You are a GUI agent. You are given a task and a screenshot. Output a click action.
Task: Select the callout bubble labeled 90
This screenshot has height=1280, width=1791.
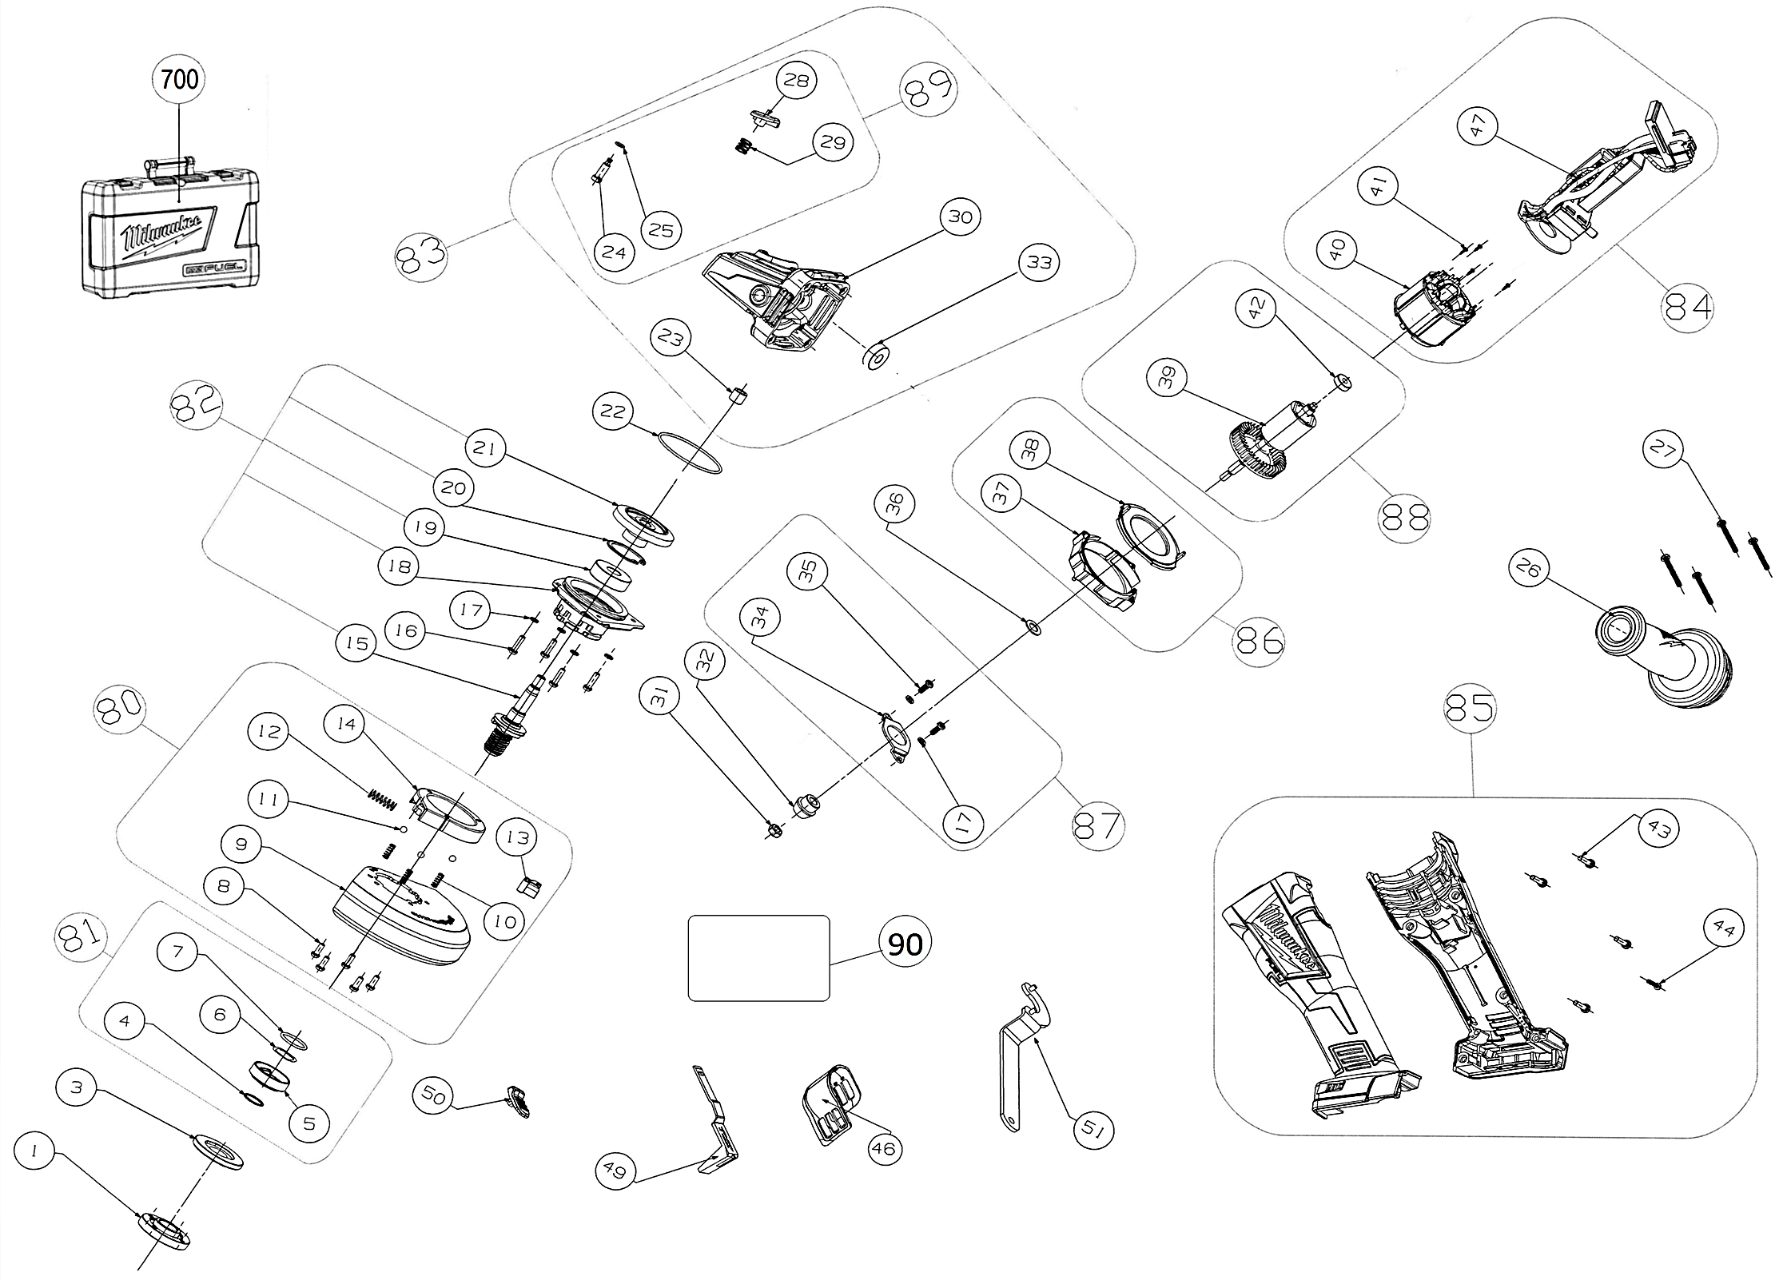[905, 944]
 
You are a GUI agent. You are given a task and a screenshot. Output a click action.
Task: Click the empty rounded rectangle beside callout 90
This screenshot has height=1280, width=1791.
[758, 957]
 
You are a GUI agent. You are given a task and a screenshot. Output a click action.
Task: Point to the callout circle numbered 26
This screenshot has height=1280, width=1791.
[1528, 569]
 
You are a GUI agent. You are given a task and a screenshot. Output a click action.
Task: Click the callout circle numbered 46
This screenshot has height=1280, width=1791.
[885, 1149]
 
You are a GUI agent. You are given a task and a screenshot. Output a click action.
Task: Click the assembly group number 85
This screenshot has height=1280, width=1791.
[1471, 708]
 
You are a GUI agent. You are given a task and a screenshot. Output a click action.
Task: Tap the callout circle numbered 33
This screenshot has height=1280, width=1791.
[1039, 262]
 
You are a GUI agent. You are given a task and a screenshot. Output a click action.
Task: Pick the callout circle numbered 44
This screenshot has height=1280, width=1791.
[1723, 929]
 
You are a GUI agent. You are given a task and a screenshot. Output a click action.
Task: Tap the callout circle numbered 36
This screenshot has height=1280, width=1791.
[894, 503]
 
